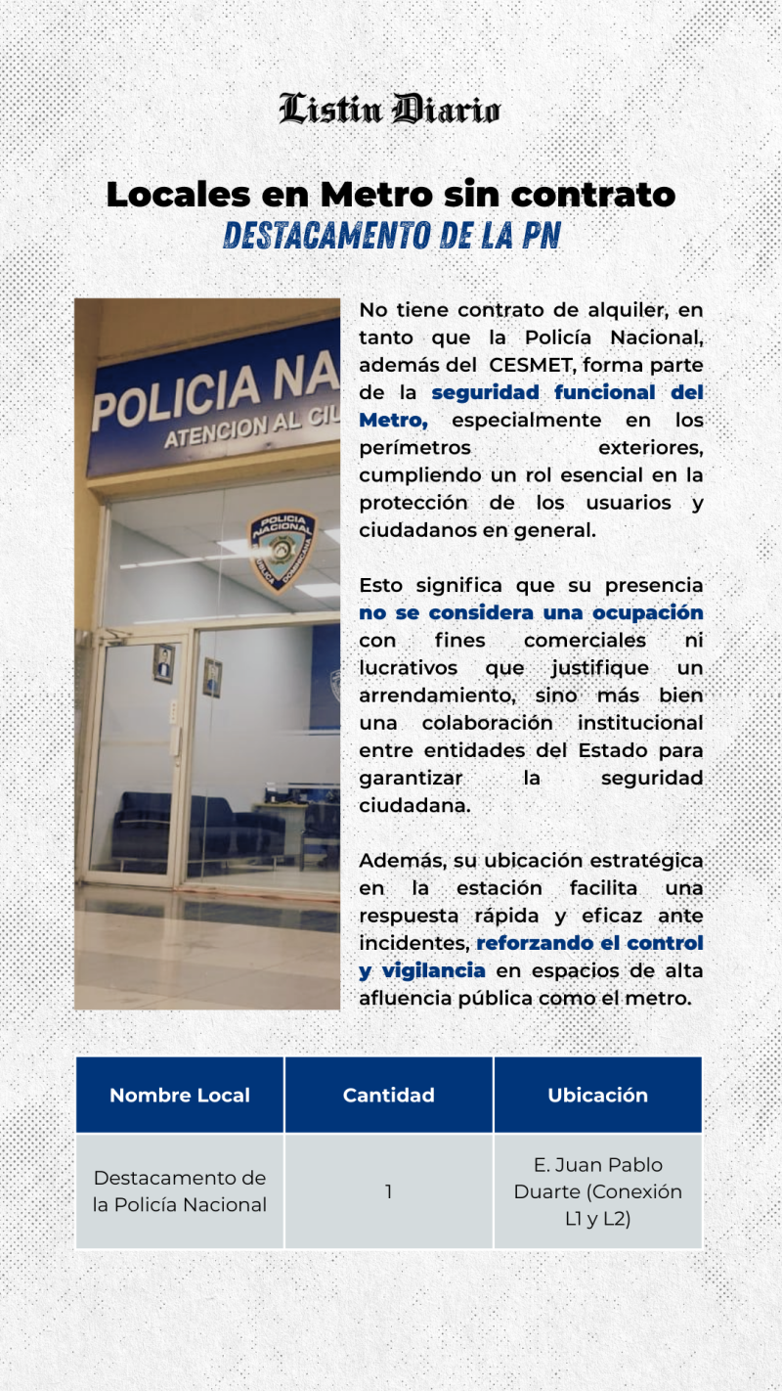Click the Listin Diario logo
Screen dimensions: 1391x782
point(390,110)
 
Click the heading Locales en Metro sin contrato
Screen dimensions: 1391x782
point(390,195)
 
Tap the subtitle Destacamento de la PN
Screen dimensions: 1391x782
point(391,236)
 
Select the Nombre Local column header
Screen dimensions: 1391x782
point(180,1096)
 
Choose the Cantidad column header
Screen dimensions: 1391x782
point(388,1096)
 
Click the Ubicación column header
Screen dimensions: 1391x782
point(597,1096)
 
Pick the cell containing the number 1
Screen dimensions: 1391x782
point(388,1191)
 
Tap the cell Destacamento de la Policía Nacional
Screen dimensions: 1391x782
point(180,1191)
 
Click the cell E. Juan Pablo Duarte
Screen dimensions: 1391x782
point(597,1191)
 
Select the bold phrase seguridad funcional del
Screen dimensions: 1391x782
point(567,392)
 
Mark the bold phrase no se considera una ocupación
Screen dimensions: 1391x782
point(531,612)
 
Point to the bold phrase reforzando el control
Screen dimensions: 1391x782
point(589,943)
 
